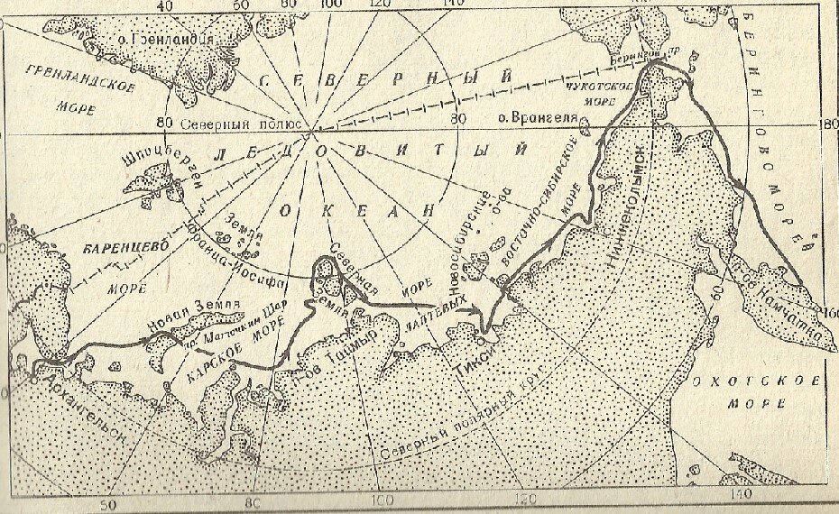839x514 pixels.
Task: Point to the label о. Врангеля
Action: (531, 118)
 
